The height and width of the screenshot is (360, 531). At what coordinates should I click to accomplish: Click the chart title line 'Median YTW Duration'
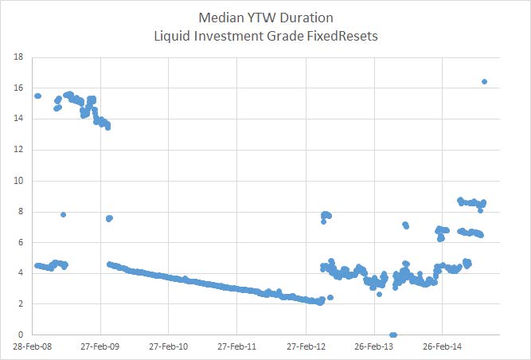[265, 18]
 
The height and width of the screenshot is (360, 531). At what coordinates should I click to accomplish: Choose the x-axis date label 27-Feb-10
[169, 347]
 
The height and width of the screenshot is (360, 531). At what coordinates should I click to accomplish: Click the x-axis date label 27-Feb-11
[237, 347]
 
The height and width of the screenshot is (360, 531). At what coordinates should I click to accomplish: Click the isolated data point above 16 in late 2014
[485, 81]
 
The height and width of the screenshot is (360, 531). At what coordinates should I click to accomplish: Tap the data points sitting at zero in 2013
[392, 335]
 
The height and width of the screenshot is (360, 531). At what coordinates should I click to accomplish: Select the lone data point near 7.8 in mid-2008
[63, 214]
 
